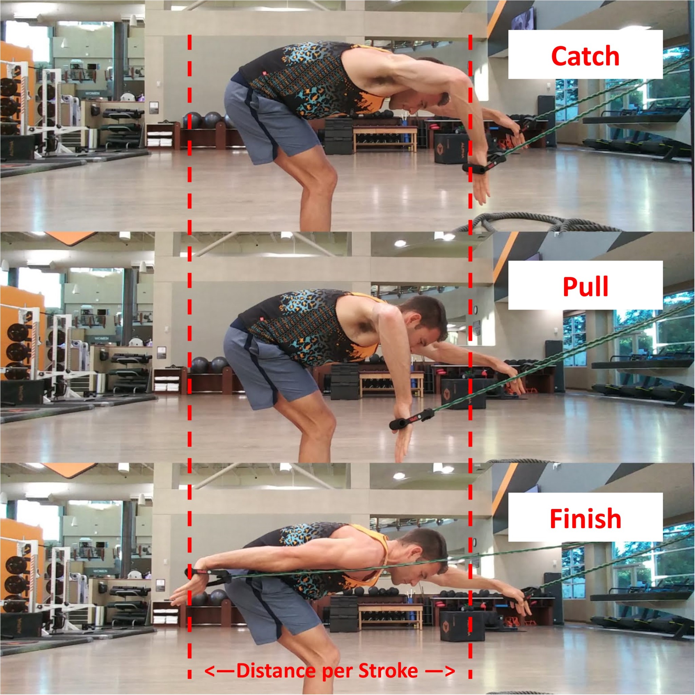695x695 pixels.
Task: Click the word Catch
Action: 585,56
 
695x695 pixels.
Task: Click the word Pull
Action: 585,287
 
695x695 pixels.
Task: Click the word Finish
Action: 585,519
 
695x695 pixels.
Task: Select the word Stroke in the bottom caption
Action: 388,671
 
